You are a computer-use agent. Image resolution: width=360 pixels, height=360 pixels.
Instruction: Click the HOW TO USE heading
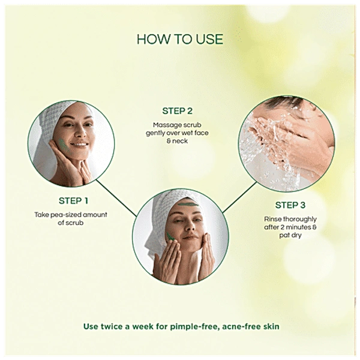point(179,40)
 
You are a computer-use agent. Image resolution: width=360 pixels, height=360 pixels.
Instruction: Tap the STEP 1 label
point(74,200)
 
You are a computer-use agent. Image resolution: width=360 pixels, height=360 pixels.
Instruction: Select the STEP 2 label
point(178,111)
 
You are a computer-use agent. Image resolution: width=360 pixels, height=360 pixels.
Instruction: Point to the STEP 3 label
point(290,205)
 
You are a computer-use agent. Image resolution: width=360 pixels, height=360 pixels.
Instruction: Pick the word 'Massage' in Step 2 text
point(165,125)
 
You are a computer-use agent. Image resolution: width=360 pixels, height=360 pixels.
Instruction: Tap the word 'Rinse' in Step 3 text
point(275,219)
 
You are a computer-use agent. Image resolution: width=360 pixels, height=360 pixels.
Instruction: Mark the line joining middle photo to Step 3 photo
point(240,198)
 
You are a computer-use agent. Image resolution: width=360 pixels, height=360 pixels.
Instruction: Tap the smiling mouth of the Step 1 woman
point(80,145)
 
